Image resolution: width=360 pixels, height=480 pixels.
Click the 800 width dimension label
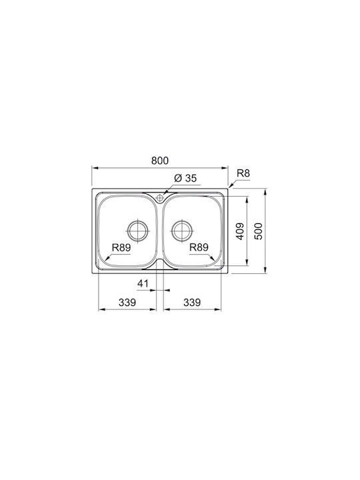[x=160, y=161]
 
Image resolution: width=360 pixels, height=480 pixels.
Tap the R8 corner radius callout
[x=243, y=173]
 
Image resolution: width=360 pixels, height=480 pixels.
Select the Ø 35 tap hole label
[x=185, y=178]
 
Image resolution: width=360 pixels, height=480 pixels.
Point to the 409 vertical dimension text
[x=240, y=231]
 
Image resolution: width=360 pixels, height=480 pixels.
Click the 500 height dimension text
[x=259, y=231]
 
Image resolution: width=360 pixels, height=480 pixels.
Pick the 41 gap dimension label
[x=143, y=284]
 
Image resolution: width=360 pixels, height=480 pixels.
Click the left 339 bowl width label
[x=127, y=303]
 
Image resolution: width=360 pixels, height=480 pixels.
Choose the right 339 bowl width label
[x=192, y=303]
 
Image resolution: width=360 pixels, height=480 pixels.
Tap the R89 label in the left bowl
[x=121, y=247]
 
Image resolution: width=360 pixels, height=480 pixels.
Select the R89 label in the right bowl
[x=199, y=247]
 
